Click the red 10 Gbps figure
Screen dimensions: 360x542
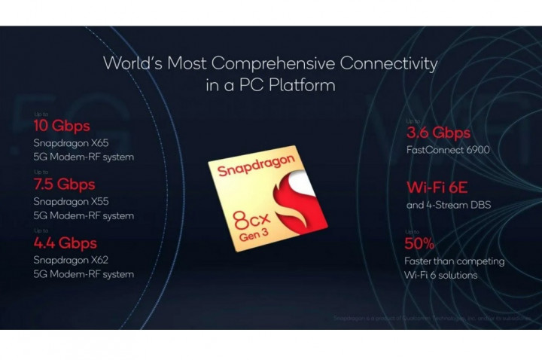(62, 126)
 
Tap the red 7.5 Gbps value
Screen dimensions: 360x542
(64, 185)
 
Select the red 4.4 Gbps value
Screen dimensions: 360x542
(65, 243)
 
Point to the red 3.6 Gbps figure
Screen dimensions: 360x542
(438, 133)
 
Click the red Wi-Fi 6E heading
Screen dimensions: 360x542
(437, 188)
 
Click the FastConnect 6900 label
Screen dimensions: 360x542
(447, 150)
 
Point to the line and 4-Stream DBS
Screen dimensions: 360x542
(449, 204)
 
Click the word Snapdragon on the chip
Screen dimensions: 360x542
(252, 166)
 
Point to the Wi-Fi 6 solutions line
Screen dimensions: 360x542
(440, 275)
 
